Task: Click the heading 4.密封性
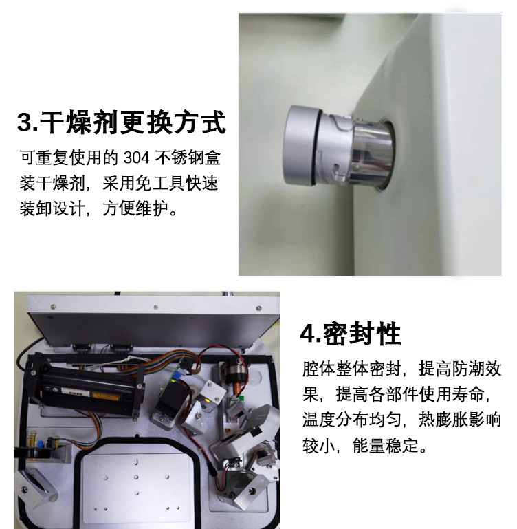pos(351,334)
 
